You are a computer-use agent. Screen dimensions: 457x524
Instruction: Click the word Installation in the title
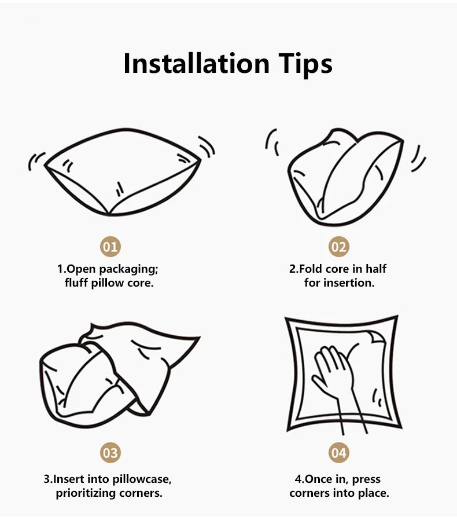[x=196, y=64]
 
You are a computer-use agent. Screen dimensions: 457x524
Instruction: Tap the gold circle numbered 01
[x=110, y=247]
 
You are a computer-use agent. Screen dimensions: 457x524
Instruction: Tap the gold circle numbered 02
[x=338, y=247]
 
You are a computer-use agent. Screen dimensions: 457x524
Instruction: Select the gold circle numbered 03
[x=110, y=452]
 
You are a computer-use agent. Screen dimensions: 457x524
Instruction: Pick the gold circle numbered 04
[x=338, y=452]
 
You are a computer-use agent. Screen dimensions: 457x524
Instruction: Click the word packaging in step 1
[x=128, y=269]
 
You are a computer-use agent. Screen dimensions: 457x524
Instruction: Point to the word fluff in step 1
[x=76, y=283]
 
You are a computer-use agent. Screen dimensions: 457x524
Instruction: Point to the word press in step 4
[x=366, y=480]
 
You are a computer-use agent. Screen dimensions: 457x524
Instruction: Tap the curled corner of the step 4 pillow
[x=377, y=338]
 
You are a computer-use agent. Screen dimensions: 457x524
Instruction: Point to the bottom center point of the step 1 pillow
[x=109, y=214]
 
